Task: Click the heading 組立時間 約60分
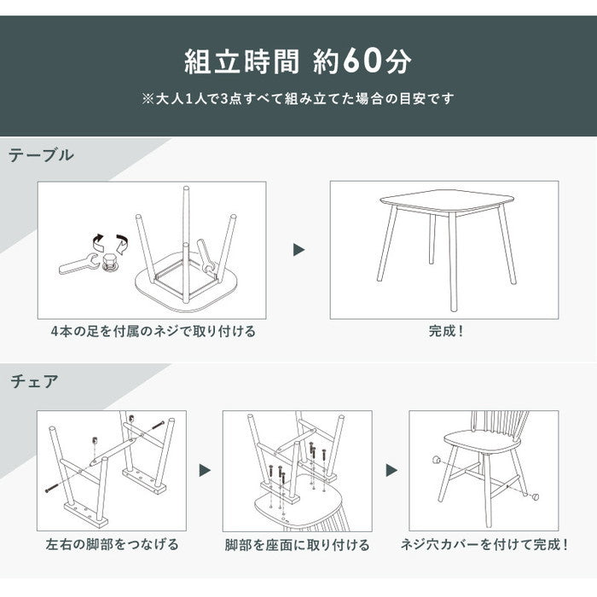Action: coord(298,61)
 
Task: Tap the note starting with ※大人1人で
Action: coord(298,99)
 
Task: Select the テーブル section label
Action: coord(41,155)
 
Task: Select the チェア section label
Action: coord(35,380)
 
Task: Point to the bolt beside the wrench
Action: coord(109,265)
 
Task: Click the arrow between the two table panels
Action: coord(298,250)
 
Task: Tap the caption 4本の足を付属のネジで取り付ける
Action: coord(152,331)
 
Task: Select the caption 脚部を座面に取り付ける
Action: coord(297,544)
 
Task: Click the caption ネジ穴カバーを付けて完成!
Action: coord(484,544)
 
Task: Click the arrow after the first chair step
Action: coord(205,470)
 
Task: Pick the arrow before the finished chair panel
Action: coord(391,470)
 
